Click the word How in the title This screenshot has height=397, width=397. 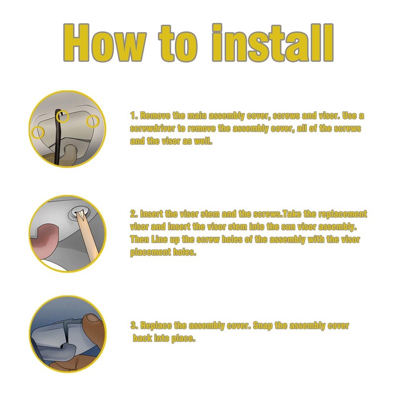coord(104,43)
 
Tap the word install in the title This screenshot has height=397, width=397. coord(272,43)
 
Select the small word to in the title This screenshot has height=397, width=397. coord(178,44)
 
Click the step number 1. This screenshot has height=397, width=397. coord(133,116)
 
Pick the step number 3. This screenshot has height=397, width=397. coord(134,326)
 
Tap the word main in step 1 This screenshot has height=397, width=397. coord(197,116)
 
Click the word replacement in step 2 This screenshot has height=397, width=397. coord(342,214)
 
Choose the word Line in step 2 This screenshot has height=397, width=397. coord(159,239)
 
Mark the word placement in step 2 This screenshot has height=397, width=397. coord(150,253)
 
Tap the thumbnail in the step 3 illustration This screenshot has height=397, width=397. coord(92,318)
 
